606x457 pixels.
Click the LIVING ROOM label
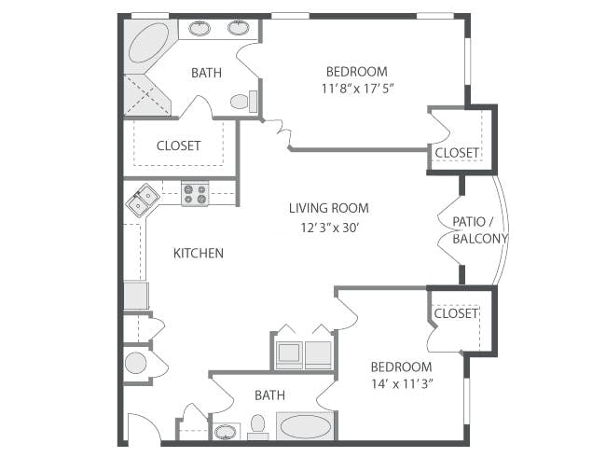point(329,208)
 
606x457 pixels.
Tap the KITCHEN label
point(199,254)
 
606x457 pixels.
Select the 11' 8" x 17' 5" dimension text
point(357,89)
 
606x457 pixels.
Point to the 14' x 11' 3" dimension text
point(402,384)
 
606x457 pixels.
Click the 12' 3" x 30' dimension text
point(330,228)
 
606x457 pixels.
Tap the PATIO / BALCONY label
point(479,230)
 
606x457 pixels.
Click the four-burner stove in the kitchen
point(195,194)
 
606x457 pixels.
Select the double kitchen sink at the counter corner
point(142,200)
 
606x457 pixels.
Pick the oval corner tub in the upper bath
point(148,43)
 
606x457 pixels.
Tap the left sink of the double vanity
point(200,28)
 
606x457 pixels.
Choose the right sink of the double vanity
point(238,28)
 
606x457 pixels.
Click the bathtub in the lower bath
point(305,426)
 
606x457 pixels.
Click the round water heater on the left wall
point(135,363)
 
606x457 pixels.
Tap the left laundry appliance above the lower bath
point(290,353)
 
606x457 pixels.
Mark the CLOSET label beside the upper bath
point(179,145)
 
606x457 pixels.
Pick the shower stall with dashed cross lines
point(146,94)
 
